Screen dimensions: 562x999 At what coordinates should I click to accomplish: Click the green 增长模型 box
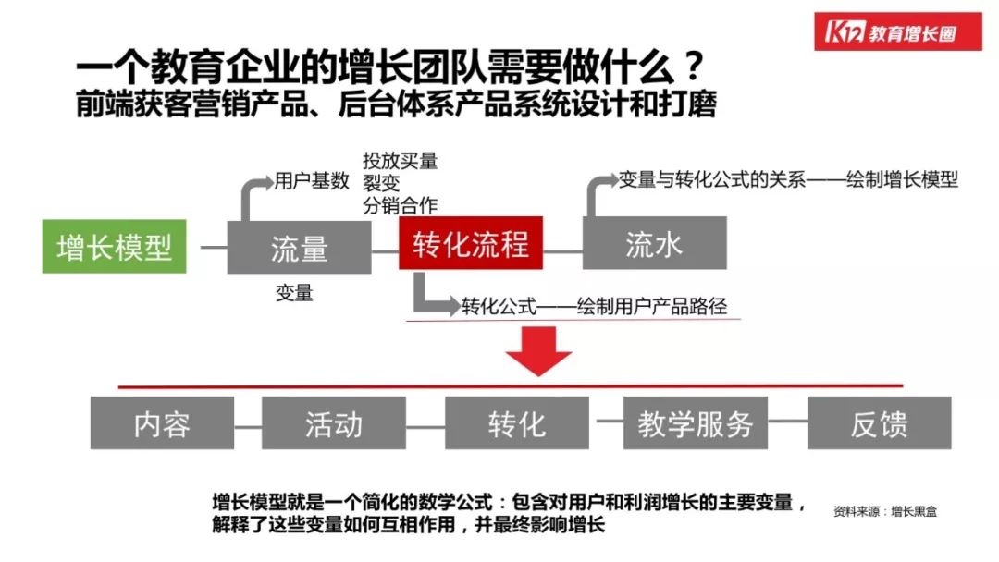[114, 247]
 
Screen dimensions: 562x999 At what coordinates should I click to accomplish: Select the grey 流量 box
[299, 247]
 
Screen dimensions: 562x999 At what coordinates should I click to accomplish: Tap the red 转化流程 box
[471, 243]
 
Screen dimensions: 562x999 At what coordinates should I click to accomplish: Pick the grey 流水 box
[654, 243]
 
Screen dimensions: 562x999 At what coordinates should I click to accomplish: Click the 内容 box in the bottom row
[162, 423]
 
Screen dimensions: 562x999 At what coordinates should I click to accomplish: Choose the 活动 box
[333, 423]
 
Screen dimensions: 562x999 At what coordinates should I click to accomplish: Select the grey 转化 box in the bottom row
[516, 423]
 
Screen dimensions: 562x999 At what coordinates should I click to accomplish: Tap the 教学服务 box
[695, 423]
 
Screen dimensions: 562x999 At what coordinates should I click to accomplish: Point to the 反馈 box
[879, 423]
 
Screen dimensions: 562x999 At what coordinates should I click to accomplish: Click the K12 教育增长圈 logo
[899, 31]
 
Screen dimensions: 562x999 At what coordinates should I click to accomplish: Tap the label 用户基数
[311, 180]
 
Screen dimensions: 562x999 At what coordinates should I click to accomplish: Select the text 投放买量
[400, 161]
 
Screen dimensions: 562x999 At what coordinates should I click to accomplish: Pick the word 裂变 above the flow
[381, 183]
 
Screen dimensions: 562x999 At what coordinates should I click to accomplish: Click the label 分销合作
[400, 204]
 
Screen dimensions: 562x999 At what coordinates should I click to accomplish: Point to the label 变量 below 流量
[294, 293]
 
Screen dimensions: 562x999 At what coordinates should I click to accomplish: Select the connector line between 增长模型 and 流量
[214, 248]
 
